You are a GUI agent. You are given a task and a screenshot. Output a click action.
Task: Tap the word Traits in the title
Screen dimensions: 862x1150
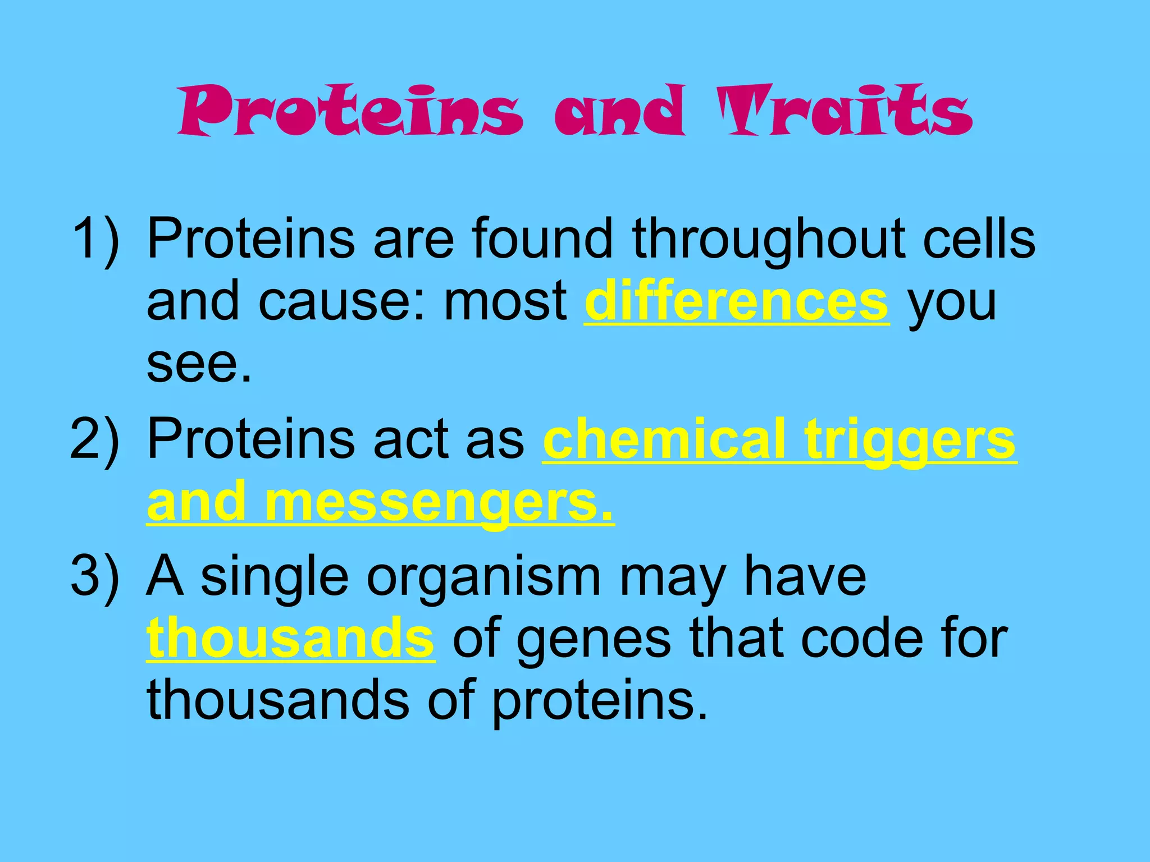[845, 111]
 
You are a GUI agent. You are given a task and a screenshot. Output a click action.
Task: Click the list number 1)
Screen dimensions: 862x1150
[95, 239]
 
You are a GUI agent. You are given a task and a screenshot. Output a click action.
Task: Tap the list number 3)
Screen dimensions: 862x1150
[95, 576]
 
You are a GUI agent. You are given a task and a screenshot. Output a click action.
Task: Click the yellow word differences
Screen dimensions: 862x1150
[736, 301]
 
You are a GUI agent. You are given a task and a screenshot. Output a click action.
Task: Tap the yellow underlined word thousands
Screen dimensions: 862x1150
[290, 638]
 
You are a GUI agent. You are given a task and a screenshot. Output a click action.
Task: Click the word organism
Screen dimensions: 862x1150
[483, 576]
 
